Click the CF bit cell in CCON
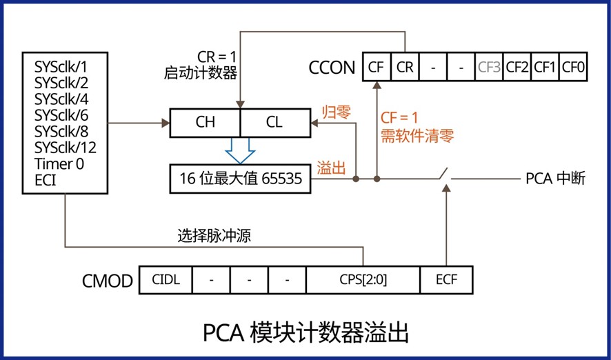376,67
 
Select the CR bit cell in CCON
405,67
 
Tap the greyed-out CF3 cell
489,67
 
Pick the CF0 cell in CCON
573,67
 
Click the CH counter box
205,122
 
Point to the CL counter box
274,122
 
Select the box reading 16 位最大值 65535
241,179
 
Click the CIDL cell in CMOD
165,281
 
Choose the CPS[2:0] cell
363,281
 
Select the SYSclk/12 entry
66,148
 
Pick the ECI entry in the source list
46,181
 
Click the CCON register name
332,68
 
